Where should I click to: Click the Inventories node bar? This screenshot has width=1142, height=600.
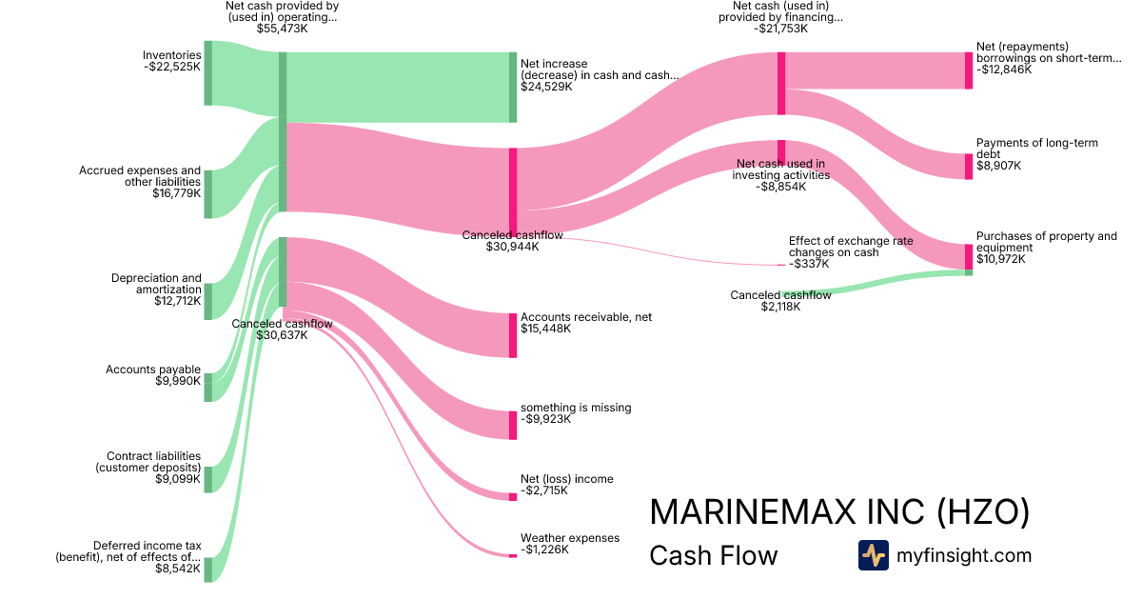pos(208,73)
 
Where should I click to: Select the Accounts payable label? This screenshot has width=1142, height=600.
pos(153,370)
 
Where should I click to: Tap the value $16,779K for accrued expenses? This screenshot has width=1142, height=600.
pos(176,193)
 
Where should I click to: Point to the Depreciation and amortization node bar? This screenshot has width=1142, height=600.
pos(208,302)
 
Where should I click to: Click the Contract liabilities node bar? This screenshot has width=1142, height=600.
pos(208,480)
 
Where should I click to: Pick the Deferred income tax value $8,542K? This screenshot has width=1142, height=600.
pos(178,569)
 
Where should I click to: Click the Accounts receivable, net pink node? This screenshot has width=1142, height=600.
pos(513,335)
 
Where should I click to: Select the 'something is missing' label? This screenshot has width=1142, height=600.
pos(576,408)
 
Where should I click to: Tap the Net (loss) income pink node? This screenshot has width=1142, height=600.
pos(513,497)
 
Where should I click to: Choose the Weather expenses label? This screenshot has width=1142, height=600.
pos(570,538)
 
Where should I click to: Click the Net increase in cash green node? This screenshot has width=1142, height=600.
pos(513,88)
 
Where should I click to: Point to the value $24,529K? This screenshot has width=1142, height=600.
pos(546,87)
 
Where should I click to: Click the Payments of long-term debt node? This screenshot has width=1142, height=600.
pos(969,167)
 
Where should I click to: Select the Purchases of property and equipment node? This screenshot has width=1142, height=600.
pos(969,256)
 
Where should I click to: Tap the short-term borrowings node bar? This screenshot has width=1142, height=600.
pos(969,70)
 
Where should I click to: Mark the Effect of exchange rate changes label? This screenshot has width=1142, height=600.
pos(851,247)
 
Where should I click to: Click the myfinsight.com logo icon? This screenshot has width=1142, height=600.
pos(874,555)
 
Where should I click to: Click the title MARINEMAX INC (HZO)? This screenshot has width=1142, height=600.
pos(839,511)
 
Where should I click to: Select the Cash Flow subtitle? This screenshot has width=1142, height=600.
pos(714,555)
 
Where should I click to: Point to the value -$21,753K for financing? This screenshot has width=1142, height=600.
pos(780,29)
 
